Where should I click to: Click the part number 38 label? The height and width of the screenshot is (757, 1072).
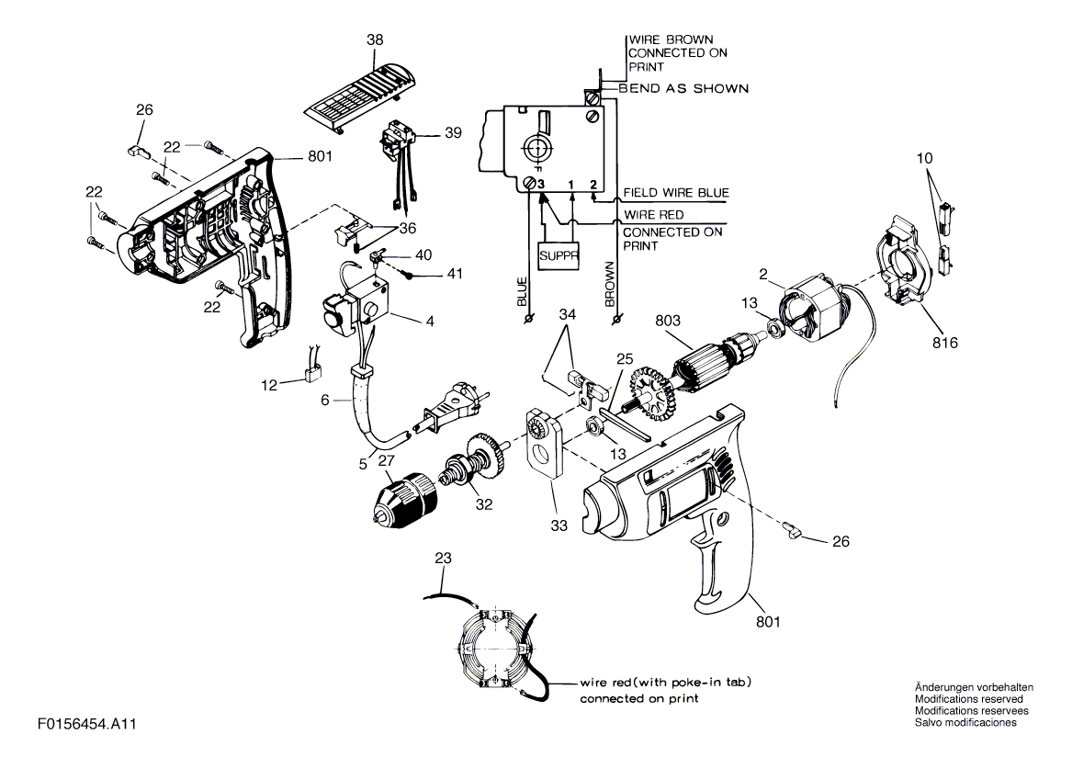click(375, 40)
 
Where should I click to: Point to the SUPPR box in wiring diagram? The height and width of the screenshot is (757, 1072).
click(559, 255)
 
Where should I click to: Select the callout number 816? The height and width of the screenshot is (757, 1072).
click(945, 343)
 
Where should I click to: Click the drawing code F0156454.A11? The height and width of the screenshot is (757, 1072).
click(87, 724)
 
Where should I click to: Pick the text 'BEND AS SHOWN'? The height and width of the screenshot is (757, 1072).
click(683, 88)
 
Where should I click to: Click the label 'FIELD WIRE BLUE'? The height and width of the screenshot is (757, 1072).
click(675, 193)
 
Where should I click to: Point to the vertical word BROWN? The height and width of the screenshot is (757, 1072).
click(610, 284)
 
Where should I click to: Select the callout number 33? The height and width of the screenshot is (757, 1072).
click(559, 525)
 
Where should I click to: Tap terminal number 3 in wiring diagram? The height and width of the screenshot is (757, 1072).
click(541, 185)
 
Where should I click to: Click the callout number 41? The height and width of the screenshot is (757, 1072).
click(455, 274)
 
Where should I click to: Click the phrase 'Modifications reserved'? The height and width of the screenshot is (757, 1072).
click(969, 699)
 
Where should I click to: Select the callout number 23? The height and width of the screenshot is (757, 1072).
click(443, 558)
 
